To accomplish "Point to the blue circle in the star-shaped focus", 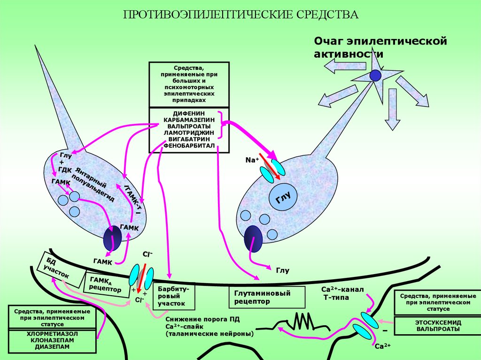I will [x=375, y=75].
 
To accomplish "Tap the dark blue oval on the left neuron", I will [x=113, y=238].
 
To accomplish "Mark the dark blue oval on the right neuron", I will [x=253, y=238].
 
